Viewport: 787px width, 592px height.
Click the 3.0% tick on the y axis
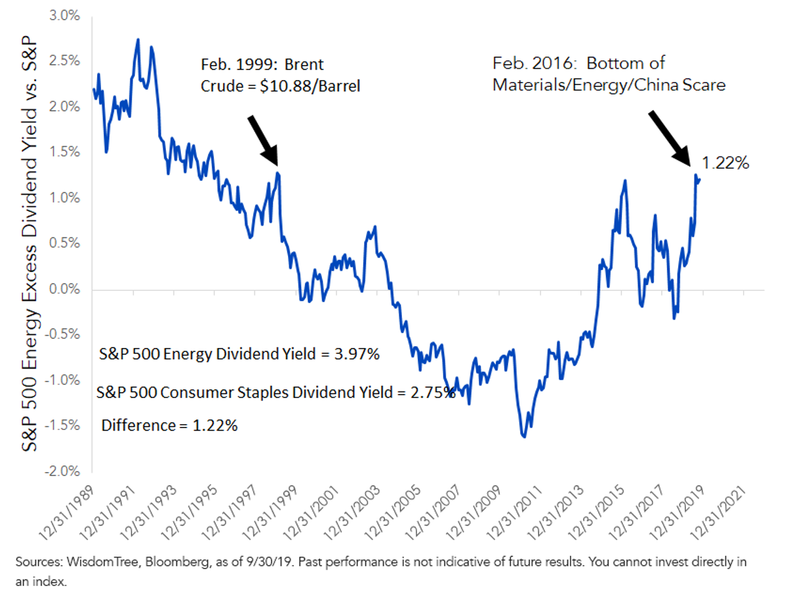64,16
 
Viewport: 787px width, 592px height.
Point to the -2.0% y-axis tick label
62,471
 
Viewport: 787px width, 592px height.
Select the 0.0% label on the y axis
64,288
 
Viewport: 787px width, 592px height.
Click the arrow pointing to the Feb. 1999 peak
264,141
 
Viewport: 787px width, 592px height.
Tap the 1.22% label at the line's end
725,163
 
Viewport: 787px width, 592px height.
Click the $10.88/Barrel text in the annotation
310,87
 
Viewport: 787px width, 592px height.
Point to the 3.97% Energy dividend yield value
357,354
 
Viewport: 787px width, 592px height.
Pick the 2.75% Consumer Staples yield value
433,393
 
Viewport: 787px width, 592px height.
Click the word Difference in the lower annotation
138,425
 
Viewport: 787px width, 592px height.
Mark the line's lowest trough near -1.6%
524,437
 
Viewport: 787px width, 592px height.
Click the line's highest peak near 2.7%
138,40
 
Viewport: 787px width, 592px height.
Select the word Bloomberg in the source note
177,562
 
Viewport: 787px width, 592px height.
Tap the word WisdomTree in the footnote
102,562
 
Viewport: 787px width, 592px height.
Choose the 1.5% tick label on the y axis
64,152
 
